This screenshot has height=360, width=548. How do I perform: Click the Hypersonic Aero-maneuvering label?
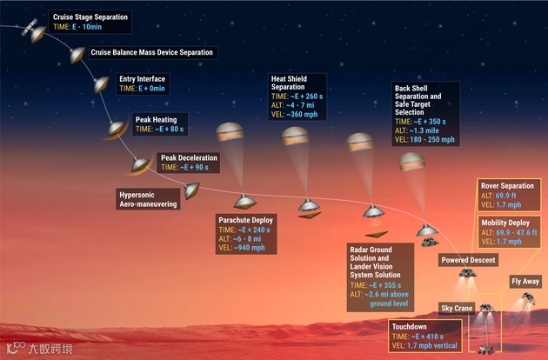pos(149,198)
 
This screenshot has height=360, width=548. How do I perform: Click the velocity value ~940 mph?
pos(259,247)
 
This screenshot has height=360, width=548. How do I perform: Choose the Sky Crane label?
pos(458,308)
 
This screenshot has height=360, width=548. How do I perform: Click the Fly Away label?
pos(525,281)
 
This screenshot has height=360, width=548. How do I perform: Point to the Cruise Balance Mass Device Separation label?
pos(151,52)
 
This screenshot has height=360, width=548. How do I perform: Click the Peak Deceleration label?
pos(188,158)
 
